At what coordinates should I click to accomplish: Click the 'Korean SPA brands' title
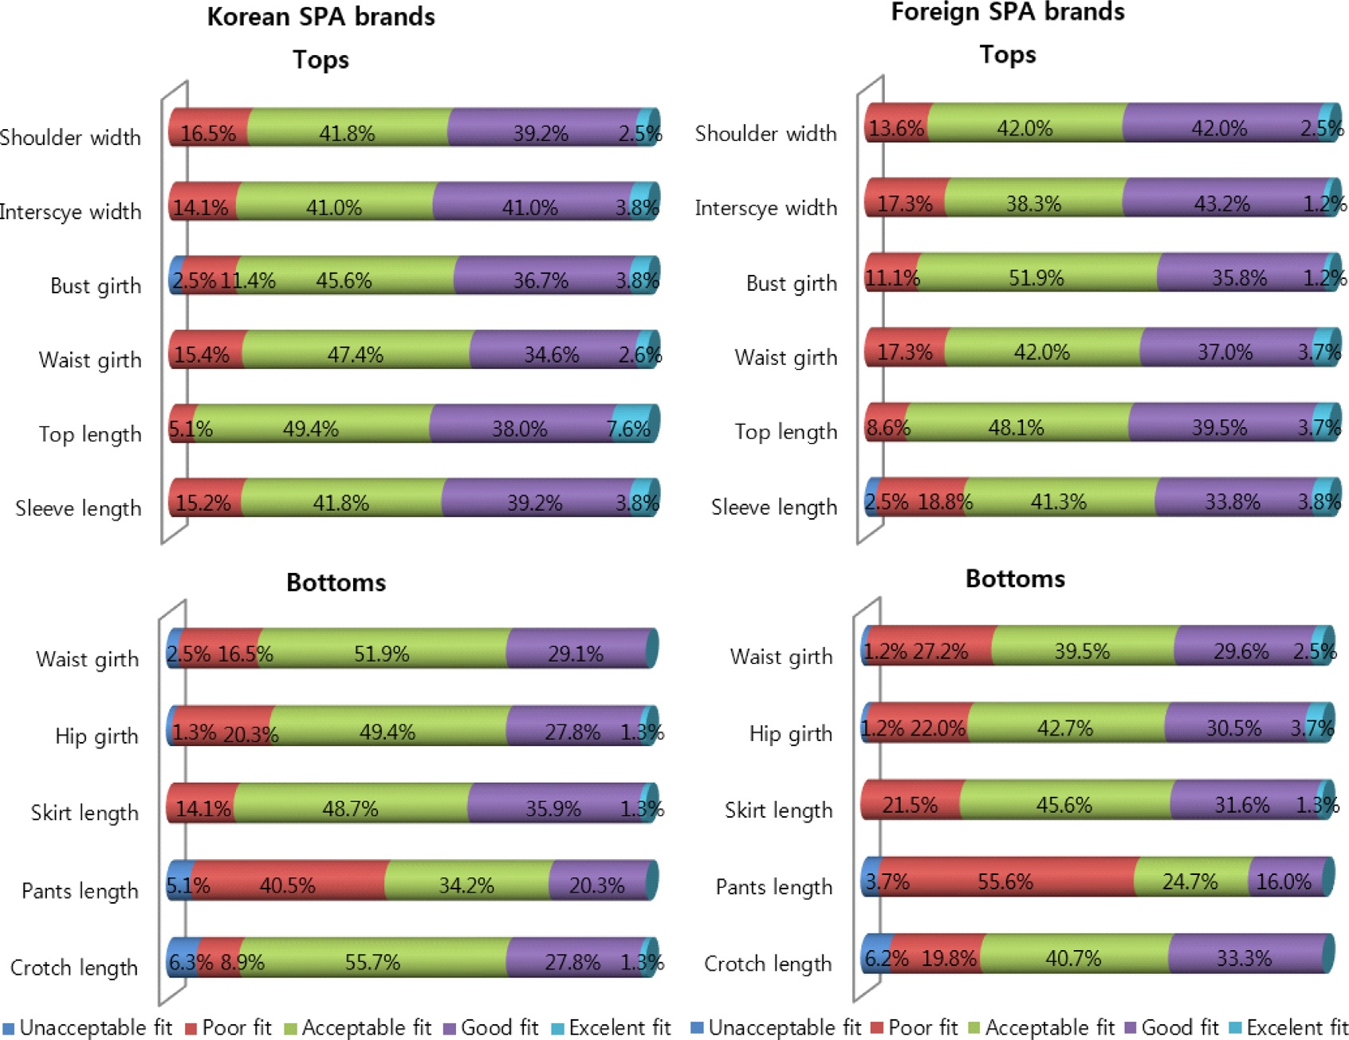coord(321,17)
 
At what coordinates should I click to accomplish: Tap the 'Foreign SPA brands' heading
coord(1007,12)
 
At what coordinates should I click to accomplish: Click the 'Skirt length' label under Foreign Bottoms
coord(778,810)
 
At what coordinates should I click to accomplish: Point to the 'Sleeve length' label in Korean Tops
coord(78,508)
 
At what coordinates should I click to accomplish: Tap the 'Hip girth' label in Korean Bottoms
coord(96,736)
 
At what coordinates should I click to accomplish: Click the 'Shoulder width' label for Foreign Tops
coord(765,133)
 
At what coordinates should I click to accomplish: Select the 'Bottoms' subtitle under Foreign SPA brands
coord(1015,579)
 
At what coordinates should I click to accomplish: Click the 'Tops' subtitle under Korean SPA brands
coord(321,60)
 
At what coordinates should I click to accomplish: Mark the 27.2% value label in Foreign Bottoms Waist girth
coord(941,652)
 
